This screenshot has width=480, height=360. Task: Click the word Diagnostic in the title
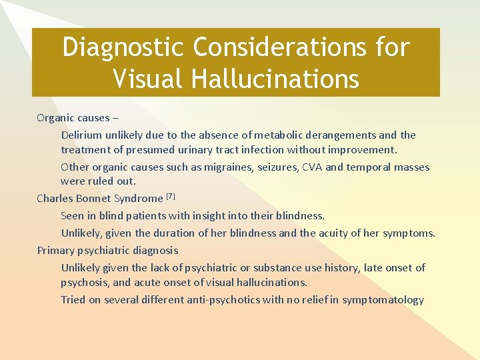(121, 47)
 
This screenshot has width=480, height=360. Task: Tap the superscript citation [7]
(170, 196)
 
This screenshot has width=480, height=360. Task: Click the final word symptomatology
(383, 300)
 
